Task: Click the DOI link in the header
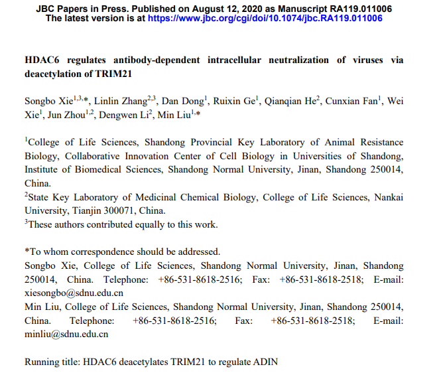(265, 19)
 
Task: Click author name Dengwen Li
(127, 115)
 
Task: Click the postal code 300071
(123, 210)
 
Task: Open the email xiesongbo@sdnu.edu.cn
(74, 292)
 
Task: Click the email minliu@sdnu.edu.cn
(66, 334)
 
